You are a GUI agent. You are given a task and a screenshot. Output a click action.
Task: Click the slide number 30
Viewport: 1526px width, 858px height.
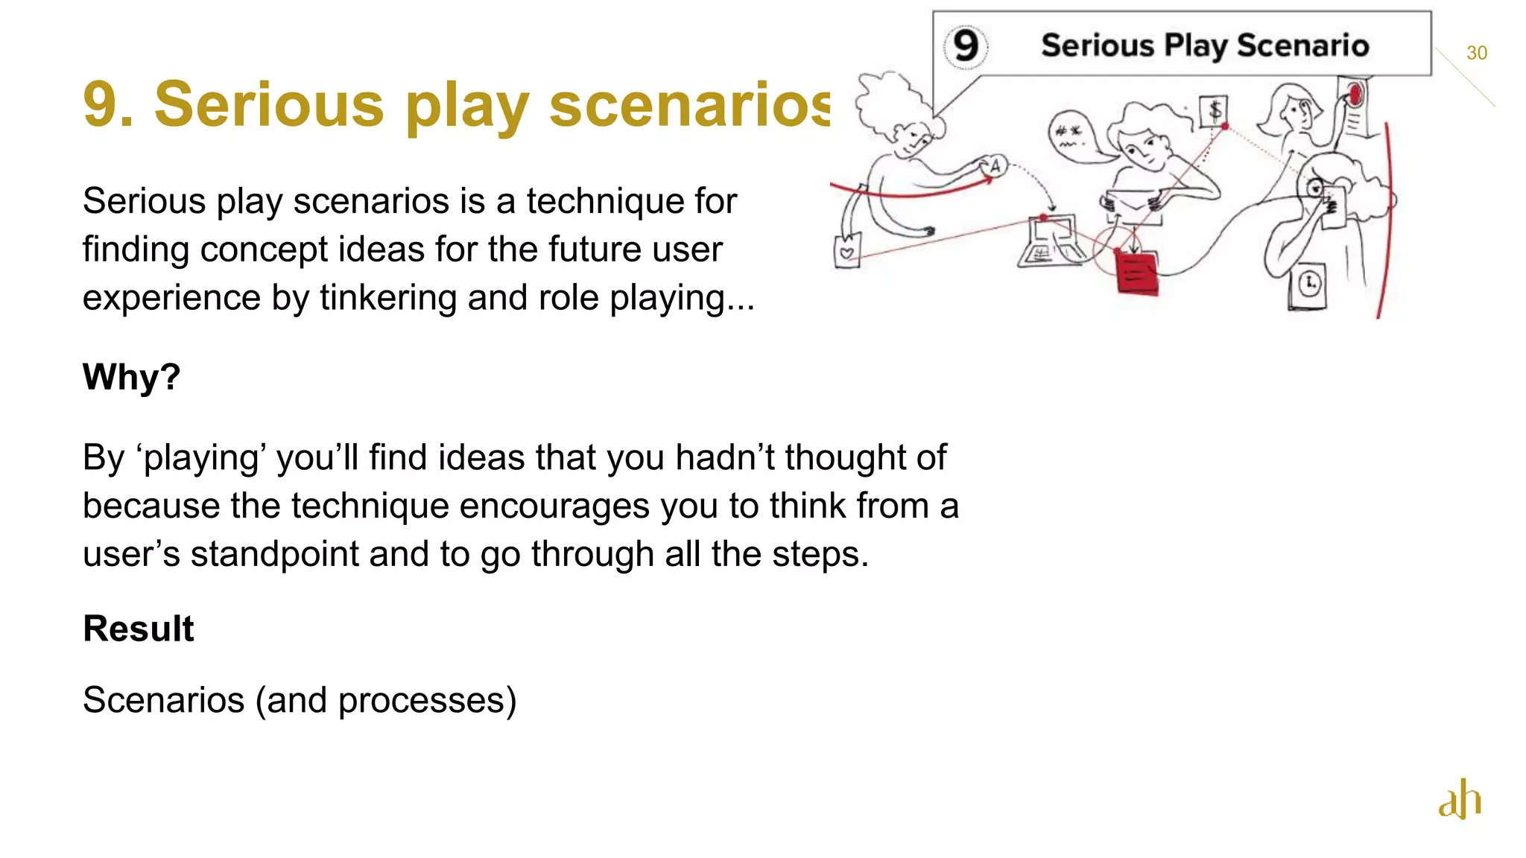tap(1476, 53)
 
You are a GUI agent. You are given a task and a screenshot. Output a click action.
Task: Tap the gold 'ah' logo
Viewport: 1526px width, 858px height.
tap(1460, 799)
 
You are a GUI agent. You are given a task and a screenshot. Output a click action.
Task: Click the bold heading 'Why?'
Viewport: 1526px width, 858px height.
tap(131, 377)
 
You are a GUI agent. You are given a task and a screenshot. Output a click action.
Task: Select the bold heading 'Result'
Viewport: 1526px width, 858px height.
tap(138, 629)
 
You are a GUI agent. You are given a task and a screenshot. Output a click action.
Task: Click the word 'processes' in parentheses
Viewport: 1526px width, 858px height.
tap(421, 701)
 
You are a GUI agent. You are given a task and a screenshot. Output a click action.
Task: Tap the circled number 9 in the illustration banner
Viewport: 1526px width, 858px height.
tap(966, 46)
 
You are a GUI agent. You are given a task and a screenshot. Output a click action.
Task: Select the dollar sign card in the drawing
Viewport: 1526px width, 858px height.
tap(1214, 112)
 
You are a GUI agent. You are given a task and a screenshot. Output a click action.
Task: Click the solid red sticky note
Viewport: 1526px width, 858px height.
tap(1136, 273)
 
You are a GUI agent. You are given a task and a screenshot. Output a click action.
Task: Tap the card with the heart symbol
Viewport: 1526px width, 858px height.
tap(847, 252)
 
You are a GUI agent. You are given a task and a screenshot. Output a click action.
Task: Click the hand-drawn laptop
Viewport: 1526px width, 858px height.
tap(1048, 242)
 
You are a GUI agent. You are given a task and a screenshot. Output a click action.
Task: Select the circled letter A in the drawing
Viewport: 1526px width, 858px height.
tap(994, 166)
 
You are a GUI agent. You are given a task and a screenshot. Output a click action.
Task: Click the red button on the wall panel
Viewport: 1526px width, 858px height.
tap(1355, 94)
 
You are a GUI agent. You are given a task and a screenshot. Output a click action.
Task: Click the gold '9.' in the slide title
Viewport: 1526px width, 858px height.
tap(108, 104)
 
